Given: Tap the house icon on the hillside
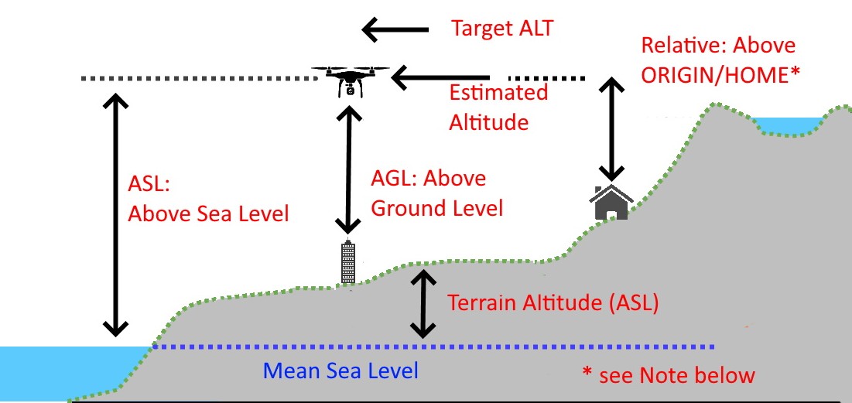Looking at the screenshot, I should pos(611,203).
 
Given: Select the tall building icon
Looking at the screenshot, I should pos(349,262).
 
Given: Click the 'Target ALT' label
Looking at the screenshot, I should pos(501,29).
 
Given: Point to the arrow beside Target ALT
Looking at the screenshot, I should pos(395,30).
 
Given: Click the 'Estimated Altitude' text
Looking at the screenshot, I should pos(498,107).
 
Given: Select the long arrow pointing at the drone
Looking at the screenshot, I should pos(441,77).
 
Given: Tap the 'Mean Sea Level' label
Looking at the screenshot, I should pos(340,371).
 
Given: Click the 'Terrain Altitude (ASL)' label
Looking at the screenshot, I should pos(553,302).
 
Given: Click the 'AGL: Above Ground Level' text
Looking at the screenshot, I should pos(437,193).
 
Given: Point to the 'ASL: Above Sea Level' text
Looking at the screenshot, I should pos(207,199).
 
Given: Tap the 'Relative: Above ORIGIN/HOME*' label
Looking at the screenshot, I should pos(720,60).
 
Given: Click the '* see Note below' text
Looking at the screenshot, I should pos(668,376).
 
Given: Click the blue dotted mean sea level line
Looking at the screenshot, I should pos(433,347).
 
